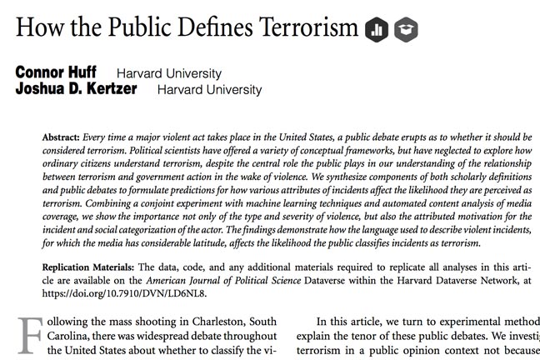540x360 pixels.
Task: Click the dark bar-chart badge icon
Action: tap(376, 30)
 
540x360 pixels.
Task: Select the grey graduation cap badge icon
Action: tap(406, 30)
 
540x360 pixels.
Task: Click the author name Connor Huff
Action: tap(56, 73)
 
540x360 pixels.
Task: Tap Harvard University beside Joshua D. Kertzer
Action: tap(209, 89)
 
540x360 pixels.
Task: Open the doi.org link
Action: tap(124, 293)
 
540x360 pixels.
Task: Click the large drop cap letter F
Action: tap(27, 335)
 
